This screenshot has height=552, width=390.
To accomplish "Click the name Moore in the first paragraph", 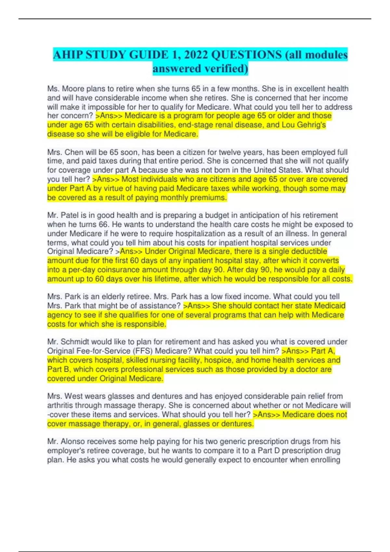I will (73, 89).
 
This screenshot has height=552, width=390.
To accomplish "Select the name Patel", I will (72, 215).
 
